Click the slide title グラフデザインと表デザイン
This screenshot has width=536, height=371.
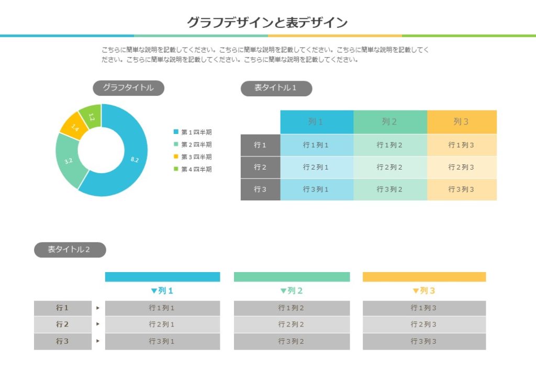click(x=267, y=23)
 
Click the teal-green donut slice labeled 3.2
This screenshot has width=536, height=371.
click(x=69, y=161)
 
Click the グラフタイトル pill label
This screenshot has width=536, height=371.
click(x=128, y=88)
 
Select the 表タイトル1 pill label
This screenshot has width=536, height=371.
click(x=276, y=88)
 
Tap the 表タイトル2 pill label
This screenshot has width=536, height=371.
click(x=70, y=250)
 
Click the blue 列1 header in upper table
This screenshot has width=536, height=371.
click(x=316, y=122)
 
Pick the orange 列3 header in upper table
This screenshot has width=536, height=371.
click(x=461, y=122)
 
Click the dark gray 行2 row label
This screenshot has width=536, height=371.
click(x=260, y=167)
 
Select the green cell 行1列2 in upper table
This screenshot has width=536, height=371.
click(x=389, y=145)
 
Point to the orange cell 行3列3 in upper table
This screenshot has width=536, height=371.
click(x=461, y=189)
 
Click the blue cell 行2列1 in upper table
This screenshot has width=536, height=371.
click(x=316, y=167)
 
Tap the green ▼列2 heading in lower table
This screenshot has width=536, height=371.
click(x=292, y=291)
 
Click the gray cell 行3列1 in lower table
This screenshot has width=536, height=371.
click(x=162, y=341)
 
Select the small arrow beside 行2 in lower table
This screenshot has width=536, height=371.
click(x=98, y=324)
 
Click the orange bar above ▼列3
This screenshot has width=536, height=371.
click(x=424, y=277)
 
